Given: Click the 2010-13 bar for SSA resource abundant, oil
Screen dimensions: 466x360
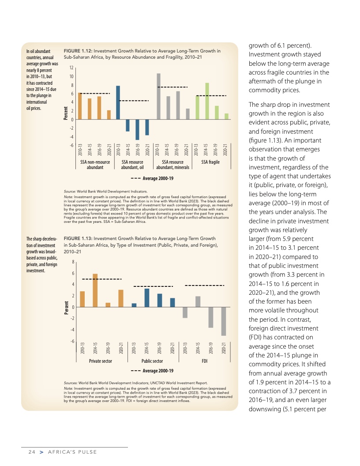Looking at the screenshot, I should click(x=118, y=102).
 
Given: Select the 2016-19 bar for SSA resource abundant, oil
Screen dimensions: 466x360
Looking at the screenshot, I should click(x=137, y=129).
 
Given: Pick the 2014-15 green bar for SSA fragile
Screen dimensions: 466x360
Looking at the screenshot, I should click(x=207, y=101).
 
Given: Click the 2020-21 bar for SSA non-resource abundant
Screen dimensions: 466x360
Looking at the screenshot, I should click(x=109, y=115).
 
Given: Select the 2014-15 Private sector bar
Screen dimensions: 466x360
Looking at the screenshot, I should click(x=95, y=290).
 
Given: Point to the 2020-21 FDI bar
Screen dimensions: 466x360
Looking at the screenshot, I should click(x=224, y=321).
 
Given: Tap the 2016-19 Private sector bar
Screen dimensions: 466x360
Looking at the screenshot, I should click(x=108, y=305).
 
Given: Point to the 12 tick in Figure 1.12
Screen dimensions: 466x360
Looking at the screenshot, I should click(x=71, y=68).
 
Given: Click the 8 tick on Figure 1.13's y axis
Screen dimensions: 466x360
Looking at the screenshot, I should click(x=72, y=262).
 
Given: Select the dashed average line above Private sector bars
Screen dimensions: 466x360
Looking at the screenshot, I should click(x=102, y=279).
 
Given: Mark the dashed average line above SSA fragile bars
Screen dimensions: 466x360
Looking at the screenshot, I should click(x=211, y=95).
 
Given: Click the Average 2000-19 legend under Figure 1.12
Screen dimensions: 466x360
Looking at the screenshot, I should click(x=153, y=178).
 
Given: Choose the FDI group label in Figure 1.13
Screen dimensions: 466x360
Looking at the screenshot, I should click(x=205, y=361).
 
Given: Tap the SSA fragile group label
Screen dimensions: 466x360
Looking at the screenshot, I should click(x=210, y=162).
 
